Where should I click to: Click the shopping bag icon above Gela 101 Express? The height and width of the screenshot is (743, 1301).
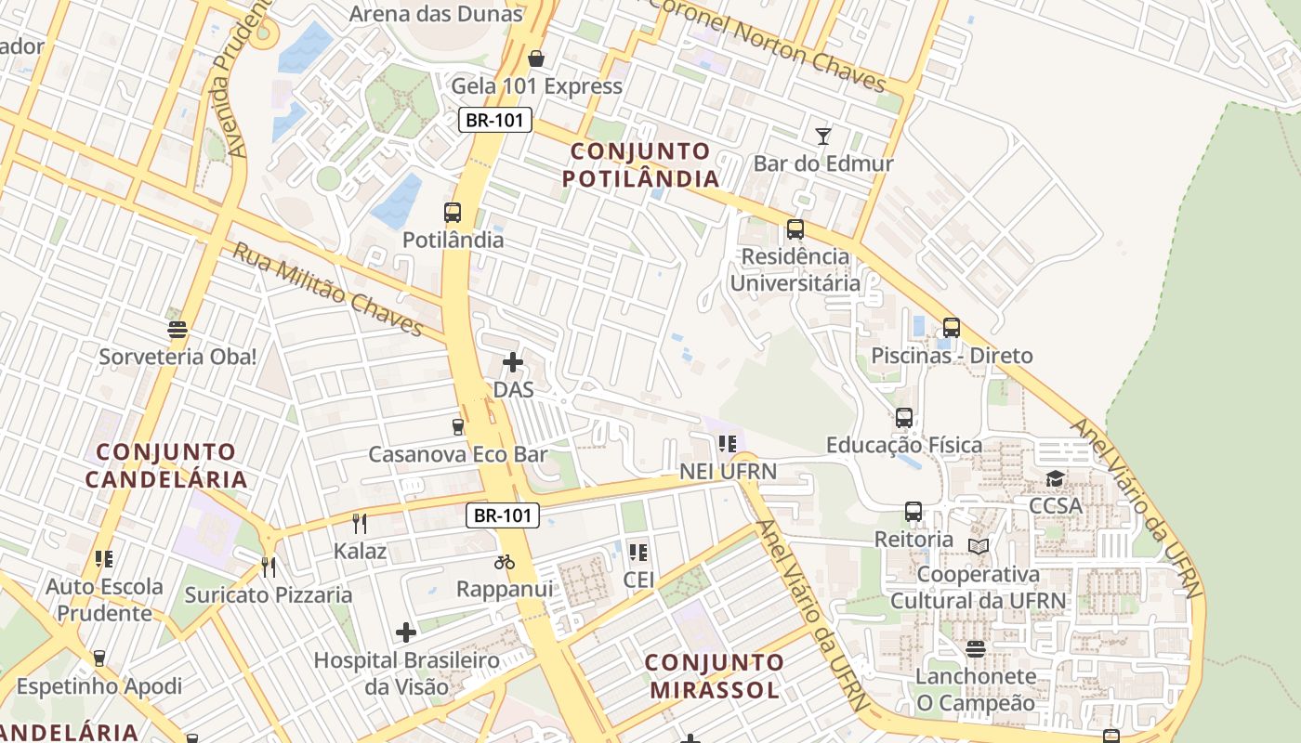click(x=536, y=59)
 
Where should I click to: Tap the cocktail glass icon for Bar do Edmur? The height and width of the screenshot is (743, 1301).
click(x=822, y=137)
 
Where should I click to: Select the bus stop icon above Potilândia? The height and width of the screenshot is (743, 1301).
click(x=453, y=213)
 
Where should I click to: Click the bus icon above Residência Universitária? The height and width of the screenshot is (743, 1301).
click(x=795, y=229)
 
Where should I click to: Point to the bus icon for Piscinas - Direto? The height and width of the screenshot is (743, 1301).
click(x=951, y=328)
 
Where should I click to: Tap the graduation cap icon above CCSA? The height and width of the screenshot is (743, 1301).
click(x=1055, y=478)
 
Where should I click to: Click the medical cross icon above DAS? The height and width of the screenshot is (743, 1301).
click(x=512, y=361)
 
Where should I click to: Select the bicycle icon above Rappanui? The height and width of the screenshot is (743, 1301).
click(x=505, y=562)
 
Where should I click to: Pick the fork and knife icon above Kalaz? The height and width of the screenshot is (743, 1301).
click(x=360, y=524)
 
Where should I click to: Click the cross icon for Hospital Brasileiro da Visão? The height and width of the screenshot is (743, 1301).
click(x=406, y=632)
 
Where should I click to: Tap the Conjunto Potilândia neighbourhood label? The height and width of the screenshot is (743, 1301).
click(x=640, y=164)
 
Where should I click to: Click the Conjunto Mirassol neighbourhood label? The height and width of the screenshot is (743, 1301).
click(x=714, y=676)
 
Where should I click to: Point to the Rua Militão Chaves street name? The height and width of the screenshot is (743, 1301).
click(x=328, y=290)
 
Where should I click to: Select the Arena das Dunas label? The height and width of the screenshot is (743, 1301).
click(x=436, y=14)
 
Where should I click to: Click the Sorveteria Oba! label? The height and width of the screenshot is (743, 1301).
click(x=177, y=357)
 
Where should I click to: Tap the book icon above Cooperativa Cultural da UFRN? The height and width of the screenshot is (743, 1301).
click(x=979, y=546)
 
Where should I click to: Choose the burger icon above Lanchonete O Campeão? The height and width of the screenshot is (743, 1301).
click(x=975, y=648)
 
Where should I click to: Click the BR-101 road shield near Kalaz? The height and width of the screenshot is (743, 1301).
click(x=503, y=515)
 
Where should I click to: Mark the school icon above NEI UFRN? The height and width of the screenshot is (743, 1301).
click(x=728, y=444)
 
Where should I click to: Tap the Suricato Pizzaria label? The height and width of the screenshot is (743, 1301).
click(x=269, y=594)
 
